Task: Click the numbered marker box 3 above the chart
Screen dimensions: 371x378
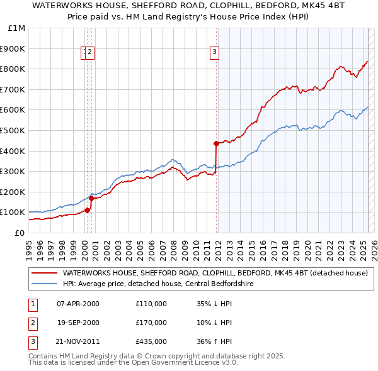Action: pyautogui.click(x=215, y=52)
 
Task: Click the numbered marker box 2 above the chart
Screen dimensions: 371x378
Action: pyautogui.click(x=90, y=52)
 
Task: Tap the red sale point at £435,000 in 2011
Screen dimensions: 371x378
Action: pyautogui.click(x=216, y=143)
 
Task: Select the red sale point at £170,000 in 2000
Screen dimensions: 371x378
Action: pyautogui.click(x=91, y=198)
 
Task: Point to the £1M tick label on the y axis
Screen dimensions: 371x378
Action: pyautogui.click(x=17, y=28)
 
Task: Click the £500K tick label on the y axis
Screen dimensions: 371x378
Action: pyautogui.click(x=13, y=130)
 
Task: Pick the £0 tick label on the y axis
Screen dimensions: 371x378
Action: pyautogui.click(x=20, y=233)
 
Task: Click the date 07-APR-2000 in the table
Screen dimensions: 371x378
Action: pyautogui.click(x=78, y=304)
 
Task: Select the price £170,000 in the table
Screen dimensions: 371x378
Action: pyautogui.click(x=151, y=323)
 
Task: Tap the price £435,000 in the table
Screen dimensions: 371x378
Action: pyautogui.click(x=151, y=342)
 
